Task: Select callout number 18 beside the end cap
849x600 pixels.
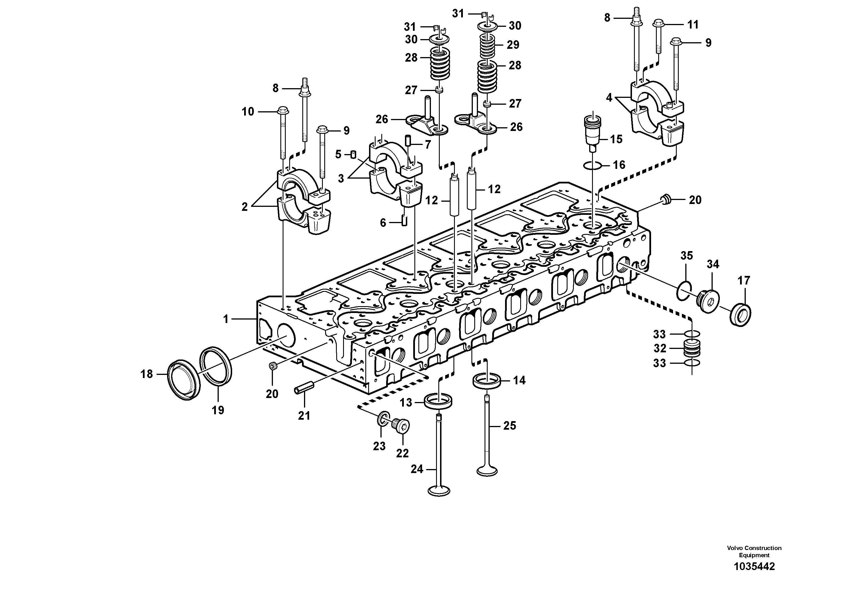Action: point(146,374)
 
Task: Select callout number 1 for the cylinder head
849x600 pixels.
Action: point(226,319)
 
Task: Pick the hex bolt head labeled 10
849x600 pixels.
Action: point(283,110)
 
